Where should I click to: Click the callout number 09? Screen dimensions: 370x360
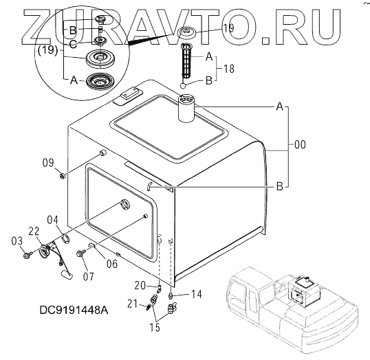coord(48,163)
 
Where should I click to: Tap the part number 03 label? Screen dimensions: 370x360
coord(17,241)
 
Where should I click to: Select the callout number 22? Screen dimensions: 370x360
coord(34,232)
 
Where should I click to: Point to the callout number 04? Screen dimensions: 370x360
coord(52,220)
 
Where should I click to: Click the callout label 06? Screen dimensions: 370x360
coord(112,264)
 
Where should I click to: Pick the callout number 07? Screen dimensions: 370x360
coord(89,276)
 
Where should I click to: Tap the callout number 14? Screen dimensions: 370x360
coord(197,294)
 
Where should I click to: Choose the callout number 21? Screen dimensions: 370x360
coord(132,304)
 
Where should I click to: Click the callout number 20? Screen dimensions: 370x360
coord(140,286)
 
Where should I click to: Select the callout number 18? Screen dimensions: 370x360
coord(228,69)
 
